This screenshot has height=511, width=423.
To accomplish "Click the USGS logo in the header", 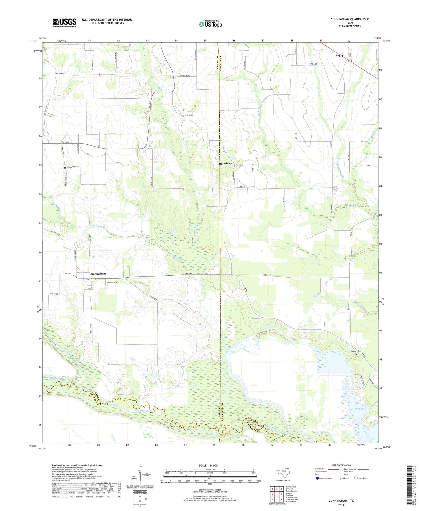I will point(64,23).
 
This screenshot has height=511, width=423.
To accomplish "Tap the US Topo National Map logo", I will point(210,24).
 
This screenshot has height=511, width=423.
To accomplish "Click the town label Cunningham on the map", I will point(98,274).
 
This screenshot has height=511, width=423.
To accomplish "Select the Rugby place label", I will point(339,56).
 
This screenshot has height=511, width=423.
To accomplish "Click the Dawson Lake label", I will point(357,409).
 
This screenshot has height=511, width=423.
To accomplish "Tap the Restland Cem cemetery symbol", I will point(107,285).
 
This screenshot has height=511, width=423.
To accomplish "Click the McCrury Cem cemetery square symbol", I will point(356,354).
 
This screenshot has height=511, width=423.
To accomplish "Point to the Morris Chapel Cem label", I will point(335,189).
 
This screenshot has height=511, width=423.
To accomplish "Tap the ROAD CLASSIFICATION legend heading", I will point(341,465).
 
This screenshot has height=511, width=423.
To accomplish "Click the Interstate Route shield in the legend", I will point(318,478).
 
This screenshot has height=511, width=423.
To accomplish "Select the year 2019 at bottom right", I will point(341,505).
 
